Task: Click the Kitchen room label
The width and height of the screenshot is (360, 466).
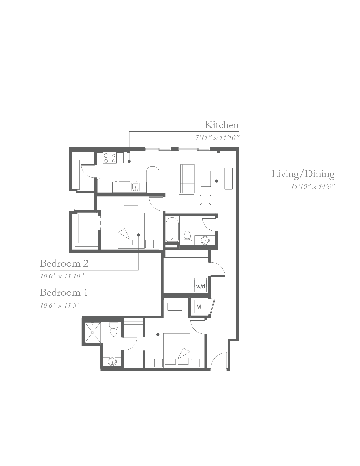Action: (x=222, y=125)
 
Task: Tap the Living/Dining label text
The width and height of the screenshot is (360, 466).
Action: (x=303, y=174)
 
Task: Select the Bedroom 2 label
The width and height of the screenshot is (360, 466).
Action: (x=64, y=263)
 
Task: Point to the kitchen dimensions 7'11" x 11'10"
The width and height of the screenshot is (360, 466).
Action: (x=217, y=138)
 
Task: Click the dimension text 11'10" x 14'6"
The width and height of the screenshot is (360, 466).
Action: (x=313, y=187)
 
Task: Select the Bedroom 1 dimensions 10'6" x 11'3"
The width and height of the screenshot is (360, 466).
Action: (x=60, y=305)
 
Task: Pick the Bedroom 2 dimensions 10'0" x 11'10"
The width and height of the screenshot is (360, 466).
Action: (x=62, y=276)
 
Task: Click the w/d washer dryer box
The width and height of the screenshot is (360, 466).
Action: (x=200, y=285)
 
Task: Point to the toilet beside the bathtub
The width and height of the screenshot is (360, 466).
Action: (x=187, y=238)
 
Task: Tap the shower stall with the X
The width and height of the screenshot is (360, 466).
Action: (x=93, y=333)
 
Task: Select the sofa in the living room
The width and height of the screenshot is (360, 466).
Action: (x=186, y=179)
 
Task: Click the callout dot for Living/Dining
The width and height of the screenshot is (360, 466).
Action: (x=217, y=181)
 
